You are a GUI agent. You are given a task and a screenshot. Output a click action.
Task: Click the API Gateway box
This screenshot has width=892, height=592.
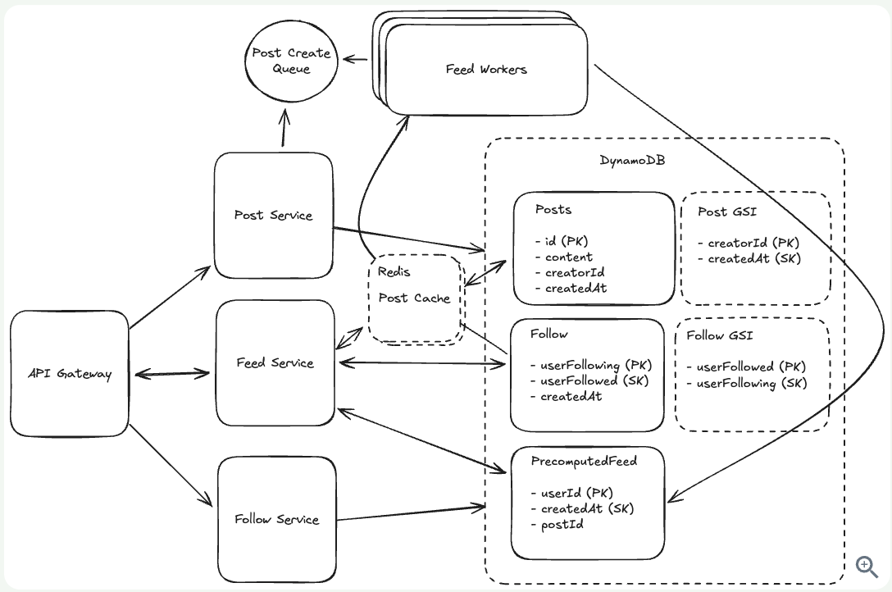[x=70, y=374]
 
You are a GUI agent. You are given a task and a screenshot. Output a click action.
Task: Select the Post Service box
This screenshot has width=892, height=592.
[x=273, y=216]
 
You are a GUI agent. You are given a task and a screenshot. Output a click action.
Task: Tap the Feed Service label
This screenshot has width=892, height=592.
[x=275, y=363]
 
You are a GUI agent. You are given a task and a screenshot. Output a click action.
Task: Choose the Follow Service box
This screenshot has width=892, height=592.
[x=276, y=519]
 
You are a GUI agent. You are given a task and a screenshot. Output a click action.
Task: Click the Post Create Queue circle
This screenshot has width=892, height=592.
[x=291, y=61]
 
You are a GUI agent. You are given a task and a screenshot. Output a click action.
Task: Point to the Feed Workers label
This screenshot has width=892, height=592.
[x=486, y=70]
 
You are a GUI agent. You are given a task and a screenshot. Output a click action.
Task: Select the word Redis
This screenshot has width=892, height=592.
[x=394, y=271]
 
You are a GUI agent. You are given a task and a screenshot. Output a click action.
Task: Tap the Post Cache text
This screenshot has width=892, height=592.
[x=414, y=298]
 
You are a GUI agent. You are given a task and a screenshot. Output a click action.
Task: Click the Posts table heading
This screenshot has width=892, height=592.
[x=553, y=210]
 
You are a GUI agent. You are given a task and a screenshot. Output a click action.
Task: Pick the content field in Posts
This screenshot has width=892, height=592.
[x=568, y=257]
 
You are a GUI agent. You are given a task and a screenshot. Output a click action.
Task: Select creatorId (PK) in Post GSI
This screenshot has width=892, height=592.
[x=753, y=243]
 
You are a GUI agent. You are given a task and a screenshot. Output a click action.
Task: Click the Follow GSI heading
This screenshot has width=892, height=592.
[x=719, y=335]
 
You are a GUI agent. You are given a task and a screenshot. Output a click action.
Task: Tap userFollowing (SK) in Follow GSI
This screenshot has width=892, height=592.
[x=751, y=383]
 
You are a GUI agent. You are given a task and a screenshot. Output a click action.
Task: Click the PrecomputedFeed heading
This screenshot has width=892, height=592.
[x=584, y=462]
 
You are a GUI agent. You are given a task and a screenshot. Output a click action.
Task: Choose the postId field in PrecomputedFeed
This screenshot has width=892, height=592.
[x=562, y=524]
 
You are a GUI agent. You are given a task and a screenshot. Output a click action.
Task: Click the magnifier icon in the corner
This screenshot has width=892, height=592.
[x=867, y=566]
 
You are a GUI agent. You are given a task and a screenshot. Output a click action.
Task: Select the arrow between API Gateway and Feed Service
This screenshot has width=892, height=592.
[x=172, y=374]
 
